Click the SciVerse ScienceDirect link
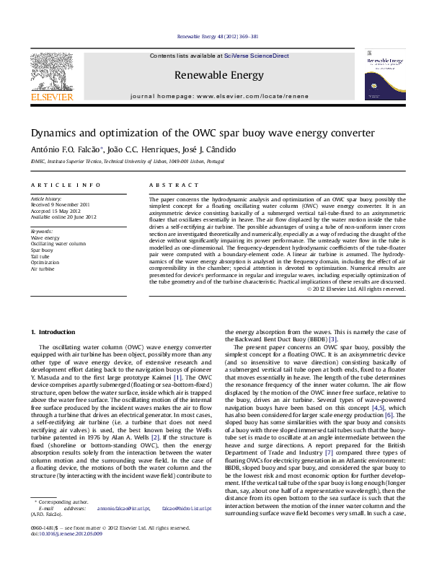pyautogui.click(x=256, y=56)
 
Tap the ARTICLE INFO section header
pyautogui.click(x=66, y=185)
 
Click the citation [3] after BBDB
pyautogui.click(x=332, y=339)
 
